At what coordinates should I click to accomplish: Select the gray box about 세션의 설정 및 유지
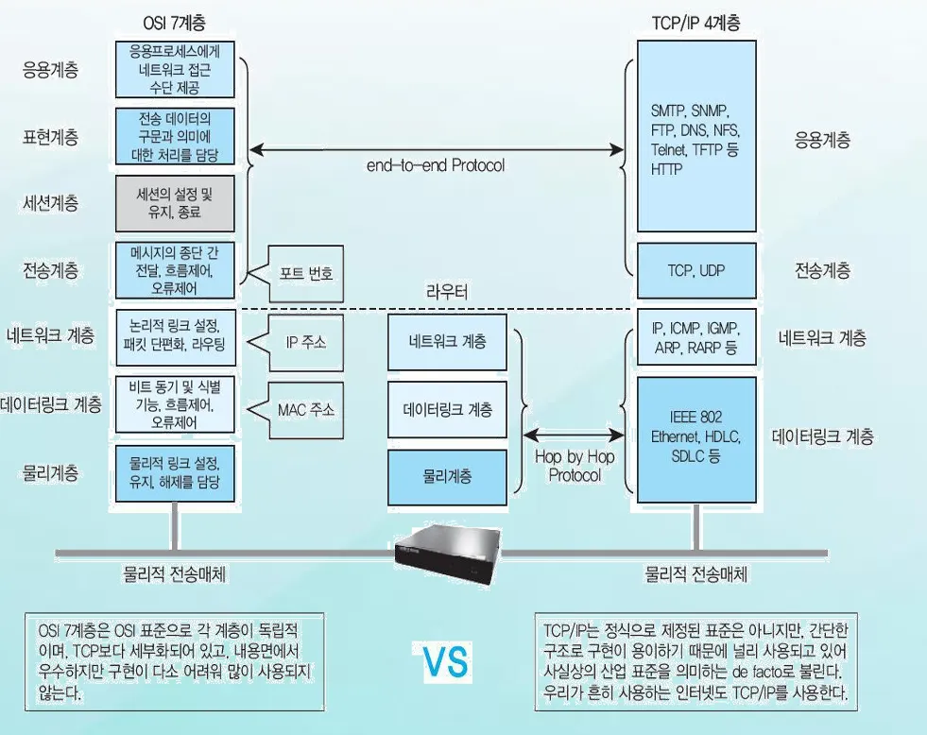175,202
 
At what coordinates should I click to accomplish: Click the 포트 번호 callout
305,272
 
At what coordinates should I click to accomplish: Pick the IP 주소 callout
305,342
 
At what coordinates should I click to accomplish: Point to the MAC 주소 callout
305,410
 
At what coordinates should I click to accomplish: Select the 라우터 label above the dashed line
447,291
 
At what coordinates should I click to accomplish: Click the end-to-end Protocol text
436,165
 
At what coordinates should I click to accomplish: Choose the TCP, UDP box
696,270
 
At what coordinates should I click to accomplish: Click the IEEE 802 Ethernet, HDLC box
696,436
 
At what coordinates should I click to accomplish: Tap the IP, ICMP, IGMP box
696,338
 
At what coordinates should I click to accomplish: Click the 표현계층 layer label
51,137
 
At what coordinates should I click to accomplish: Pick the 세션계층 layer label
51,203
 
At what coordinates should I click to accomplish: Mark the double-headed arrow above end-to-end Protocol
436,149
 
